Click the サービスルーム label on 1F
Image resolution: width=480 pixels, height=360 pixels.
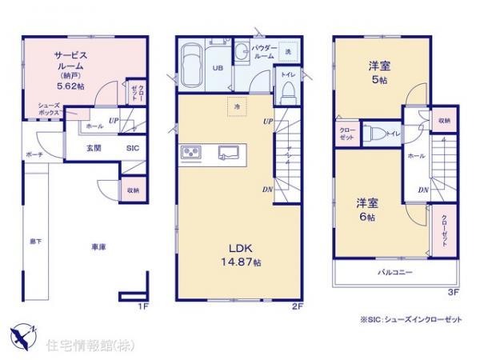65,61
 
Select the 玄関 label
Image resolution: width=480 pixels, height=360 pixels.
94,149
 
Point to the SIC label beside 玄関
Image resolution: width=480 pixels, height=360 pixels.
132,149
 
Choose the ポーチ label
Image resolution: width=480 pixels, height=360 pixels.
34,154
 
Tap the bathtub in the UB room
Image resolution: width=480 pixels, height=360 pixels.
192,68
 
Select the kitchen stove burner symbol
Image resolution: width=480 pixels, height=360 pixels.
192,152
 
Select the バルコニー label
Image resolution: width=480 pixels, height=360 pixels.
394,274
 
